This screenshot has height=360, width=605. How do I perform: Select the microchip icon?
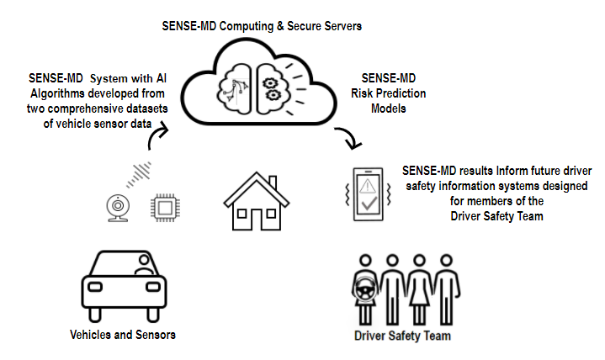click(x=165, y=207)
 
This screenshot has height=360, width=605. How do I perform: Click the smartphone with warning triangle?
click(x=368, y=194)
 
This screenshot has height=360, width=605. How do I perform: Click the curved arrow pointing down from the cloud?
click(x=346, y=138)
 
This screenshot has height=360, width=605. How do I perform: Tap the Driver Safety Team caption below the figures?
click(x=402, y=336)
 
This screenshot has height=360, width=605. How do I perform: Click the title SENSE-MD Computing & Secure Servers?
click(x=262, y=26)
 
